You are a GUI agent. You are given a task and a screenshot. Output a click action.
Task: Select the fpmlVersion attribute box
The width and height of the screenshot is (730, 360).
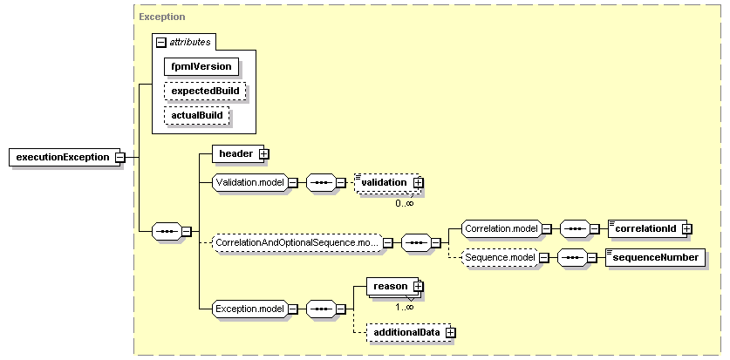click(x=201, y=66)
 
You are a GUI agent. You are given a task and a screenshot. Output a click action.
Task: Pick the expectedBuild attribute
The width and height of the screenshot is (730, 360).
click(x=205, y=91)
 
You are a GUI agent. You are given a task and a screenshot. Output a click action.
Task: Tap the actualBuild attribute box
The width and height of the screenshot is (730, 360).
click(x=197, y=115)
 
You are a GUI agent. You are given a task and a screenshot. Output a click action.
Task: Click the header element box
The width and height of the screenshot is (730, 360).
click(x=238, y=153)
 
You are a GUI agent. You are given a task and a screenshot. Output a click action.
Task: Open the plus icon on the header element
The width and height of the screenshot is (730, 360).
click(x=264, y=154)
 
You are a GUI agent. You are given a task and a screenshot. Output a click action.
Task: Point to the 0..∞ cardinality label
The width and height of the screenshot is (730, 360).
click(x=405, y=203)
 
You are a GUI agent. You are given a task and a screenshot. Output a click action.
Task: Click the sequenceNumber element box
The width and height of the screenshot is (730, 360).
click(x=656, y=257)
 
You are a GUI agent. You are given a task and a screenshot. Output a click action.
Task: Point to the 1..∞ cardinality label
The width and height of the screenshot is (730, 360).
click(x=405, y=307)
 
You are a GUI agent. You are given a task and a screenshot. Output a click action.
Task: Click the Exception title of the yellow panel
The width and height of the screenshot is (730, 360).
click(x=162, y=17)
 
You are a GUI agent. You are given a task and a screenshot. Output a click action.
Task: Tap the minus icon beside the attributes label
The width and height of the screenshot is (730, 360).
click(x=161, y=43)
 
